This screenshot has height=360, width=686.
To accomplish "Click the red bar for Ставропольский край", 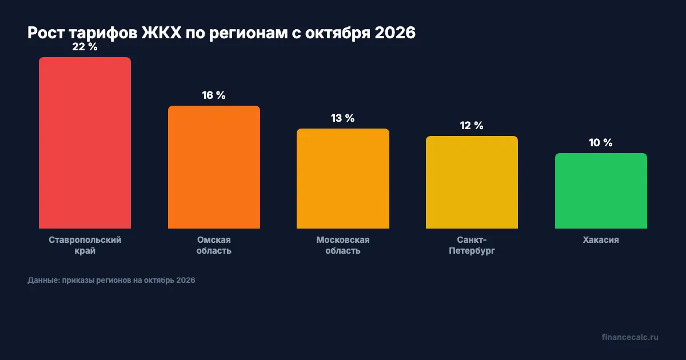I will click(85, 143).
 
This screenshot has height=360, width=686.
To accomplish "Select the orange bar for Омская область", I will click(214, 167).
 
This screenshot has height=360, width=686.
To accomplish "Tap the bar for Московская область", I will click(343, 178).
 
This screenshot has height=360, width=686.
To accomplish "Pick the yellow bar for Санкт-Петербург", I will click(472, 182).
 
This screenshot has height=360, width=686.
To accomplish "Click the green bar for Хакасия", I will click(601, 191).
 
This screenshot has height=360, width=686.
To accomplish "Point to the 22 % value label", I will click(85, 47).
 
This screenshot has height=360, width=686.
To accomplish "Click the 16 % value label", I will click(214, 95).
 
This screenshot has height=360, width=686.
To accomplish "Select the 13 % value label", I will click(343, 118).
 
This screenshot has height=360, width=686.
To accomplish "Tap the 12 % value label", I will click(472, 126).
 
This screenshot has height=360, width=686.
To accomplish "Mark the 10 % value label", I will click(601, 143).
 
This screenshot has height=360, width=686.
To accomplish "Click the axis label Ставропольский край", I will click(85, 245).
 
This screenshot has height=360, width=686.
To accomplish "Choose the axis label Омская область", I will click(214, 245).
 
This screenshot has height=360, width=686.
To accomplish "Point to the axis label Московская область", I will click(343, 245).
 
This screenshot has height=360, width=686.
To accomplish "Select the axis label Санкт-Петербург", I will click(472, 245).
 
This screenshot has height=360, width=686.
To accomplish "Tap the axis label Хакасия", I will click(601, 240).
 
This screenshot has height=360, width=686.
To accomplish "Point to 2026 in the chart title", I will click(394, 33).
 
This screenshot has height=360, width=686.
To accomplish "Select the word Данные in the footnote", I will click(42, 281).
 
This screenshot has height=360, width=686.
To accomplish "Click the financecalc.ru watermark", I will click(630, 337).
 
